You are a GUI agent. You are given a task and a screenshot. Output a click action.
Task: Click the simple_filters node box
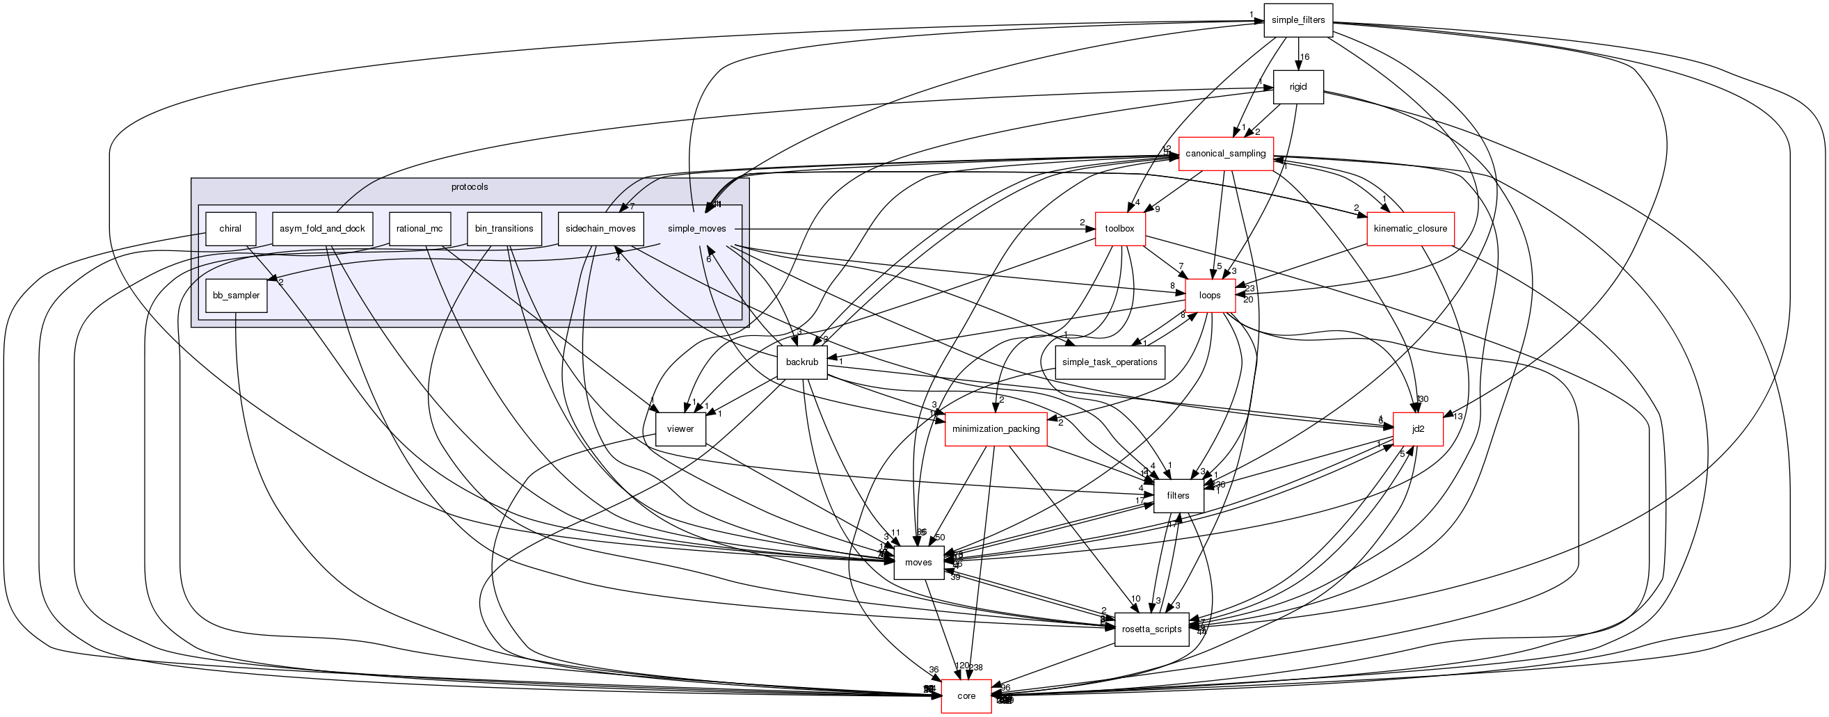click(x=1298, y=20)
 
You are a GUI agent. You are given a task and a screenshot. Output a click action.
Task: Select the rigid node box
click(x=1298, y=87)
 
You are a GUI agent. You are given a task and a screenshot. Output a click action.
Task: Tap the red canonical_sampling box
click(x=1226, y=153)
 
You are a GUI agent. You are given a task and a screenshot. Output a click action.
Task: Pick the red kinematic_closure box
click(x=1410, y=229)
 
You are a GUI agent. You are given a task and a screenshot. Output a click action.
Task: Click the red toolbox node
click(x=1119, y=229)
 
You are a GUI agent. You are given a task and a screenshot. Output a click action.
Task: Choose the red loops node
click(x=1210, y=296)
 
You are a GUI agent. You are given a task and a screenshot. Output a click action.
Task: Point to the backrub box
click(x=802, y=362)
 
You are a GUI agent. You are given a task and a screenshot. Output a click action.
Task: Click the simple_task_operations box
click(x=1110, y=362)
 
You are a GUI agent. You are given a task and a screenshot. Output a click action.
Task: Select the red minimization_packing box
click(x=996, y=429)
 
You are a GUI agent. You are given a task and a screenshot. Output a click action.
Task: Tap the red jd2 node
click(x=1418, y=429)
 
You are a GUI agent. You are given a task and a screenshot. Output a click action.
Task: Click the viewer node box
click(x=680, y=429)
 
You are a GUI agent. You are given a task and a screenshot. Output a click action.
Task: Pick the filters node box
click(x=1179, y=496)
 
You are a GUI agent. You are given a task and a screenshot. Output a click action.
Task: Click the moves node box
click(x=919, y=562)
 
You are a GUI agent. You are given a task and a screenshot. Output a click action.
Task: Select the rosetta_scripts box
click(x=1151, y=629)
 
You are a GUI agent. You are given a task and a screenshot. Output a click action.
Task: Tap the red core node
click(x=966, y=695)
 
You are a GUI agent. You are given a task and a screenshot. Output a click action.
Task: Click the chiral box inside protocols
click(x=230, y=229)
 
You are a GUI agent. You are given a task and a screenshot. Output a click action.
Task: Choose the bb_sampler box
click(x=237, y=296)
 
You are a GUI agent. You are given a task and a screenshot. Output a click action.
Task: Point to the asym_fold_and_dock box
click(x=322, y=229)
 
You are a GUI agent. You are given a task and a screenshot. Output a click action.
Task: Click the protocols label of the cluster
click(x=470, y=187)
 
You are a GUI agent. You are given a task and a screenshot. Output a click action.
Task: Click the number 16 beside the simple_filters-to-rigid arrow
click(x=1305, y=57)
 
